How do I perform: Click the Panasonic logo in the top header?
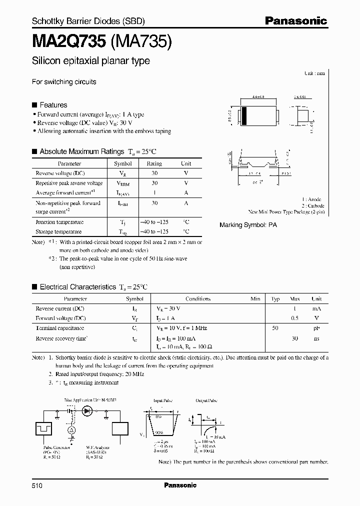tap(295, 20)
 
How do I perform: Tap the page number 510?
tap(38, 485)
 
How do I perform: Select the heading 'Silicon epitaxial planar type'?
tap(90, 61)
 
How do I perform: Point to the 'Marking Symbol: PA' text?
tap(248, 225)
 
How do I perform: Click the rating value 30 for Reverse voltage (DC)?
tap(154, 173)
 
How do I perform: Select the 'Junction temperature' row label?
tap(59, 222)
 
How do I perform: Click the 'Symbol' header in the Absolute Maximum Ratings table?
tap(123, 163)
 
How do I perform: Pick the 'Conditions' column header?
tap(198, 299)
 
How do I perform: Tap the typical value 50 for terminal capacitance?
tap(275, 328)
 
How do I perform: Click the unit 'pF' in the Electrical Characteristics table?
tap(316, 328)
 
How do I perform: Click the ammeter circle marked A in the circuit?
tap(71, 430)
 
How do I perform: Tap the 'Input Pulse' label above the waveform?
tap(161, 401)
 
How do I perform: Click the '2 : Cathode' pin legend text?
tap(313, 205)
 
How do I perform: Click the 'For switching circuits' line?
tap(64, 81)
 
